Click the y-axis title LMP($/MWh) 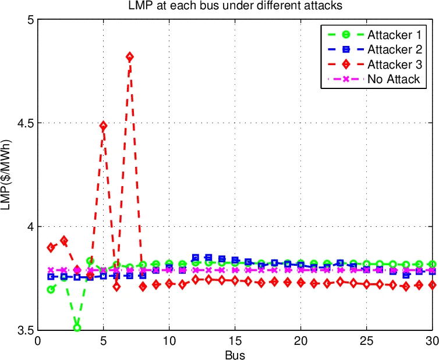[x=7, y=174]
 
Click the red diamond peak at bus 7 [x=130, y=57]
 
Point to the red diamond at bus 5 [x=103, y=126]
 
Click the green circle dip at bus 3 [x=77, y=328]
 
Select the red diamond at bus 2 [x=64, y=240]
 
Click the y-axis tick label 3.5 [x=24, y=330]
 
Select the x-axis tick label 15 [x=235, y=341]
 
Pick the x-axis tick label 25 [x=366, y=341]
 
